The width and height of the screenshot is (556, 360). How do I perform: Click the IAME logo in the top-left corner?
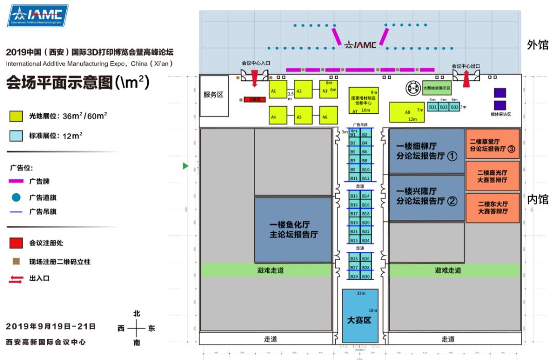click(38, 16)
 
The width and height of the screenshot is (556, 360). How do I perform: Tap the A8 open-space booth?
click(407, 112)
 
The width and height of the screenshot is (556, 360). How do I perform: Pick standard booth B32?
click(444, 107)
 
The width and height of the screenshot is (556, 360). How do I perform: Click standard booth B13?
click(354, 196)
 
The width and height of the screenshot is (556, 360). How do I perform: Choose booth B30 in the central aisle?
click(366, 277)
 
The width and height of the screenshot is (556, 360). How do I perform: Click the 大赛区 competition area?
click(360, 315)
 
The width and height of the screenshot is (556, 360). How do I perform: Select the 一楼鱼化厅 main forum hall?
click(293, 230)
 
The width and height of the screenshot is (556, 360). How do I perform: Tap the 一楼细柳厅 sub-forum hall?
click(427, 151)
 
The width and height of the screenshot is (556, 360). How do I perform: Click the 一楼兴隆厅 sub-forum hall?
click(427, 197)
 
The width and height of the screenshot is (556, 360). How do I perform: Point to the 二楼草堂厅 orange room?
click(492, 144)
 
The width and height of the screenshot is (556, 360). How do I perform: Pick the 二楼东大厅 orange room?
click(492, 208)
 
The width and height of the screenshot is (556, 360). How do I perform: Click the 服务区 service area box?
click(214, 95)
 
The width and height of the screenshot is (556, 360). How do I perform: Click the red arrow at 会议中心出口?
click(466, 79)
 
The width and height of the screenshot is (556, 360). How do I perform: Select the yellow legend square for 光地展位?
click(16, 116)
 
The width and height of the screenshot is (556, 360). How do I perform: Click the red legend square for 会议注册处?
click(16, 243)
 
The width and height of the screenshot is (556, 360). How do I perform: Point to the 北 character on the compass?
click(136, 314)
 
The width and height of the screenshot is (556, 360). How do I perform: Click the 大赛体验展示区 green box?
click(437, 88)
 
